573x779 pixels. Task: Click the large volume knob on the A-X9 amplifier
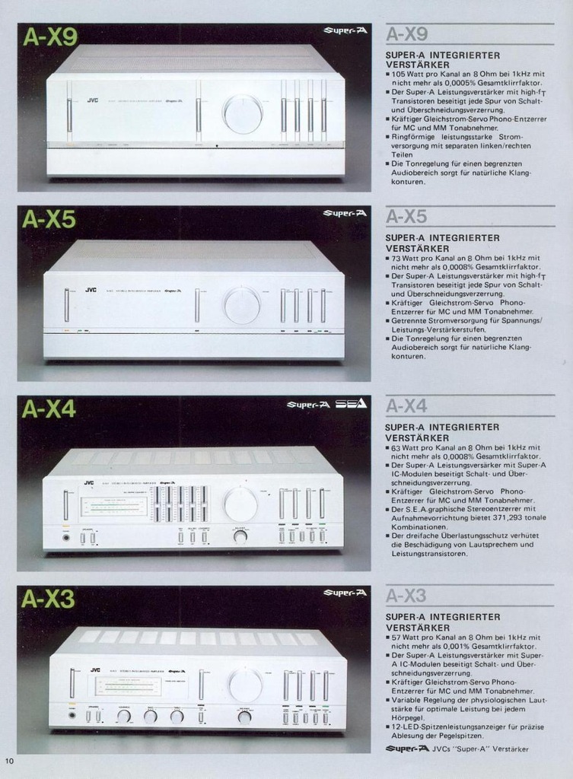pos(243,114)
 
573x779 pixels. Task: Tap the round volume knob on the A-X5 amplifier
pos(242,305)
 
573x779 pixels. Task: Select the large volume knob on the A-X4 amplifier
pos(240,504)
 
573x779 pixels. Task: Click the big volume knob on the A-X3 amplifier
pos(245,685)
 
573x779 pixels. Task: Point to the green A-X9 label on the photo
pos(49,37)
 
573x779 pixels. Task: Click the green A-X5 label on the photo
pos(49,219)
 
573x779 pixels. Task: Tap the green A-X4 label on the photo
pos(49,409)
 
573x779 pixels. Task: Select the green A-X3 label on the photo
pos(49,599)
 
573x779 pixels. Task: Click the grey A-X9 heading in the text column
pos(407,34)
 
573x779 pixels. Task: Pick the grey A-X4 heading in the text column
pos(407,406)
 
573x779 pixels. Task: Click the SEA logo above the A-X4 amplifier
pos(352,404)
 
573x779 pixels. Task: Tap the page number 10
pos(9,761)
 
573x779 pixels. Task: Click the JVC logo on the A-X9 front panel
pos(92,100)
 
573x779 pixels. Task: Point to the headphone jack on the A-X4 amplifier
pos(66,538)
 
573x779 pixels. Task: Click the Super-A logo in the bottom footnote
pos(406,749)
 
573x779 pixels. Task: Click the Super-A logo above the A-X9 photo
pos(345,30)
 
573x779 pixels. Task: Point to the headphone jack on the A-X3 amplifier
pos(72,715)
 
